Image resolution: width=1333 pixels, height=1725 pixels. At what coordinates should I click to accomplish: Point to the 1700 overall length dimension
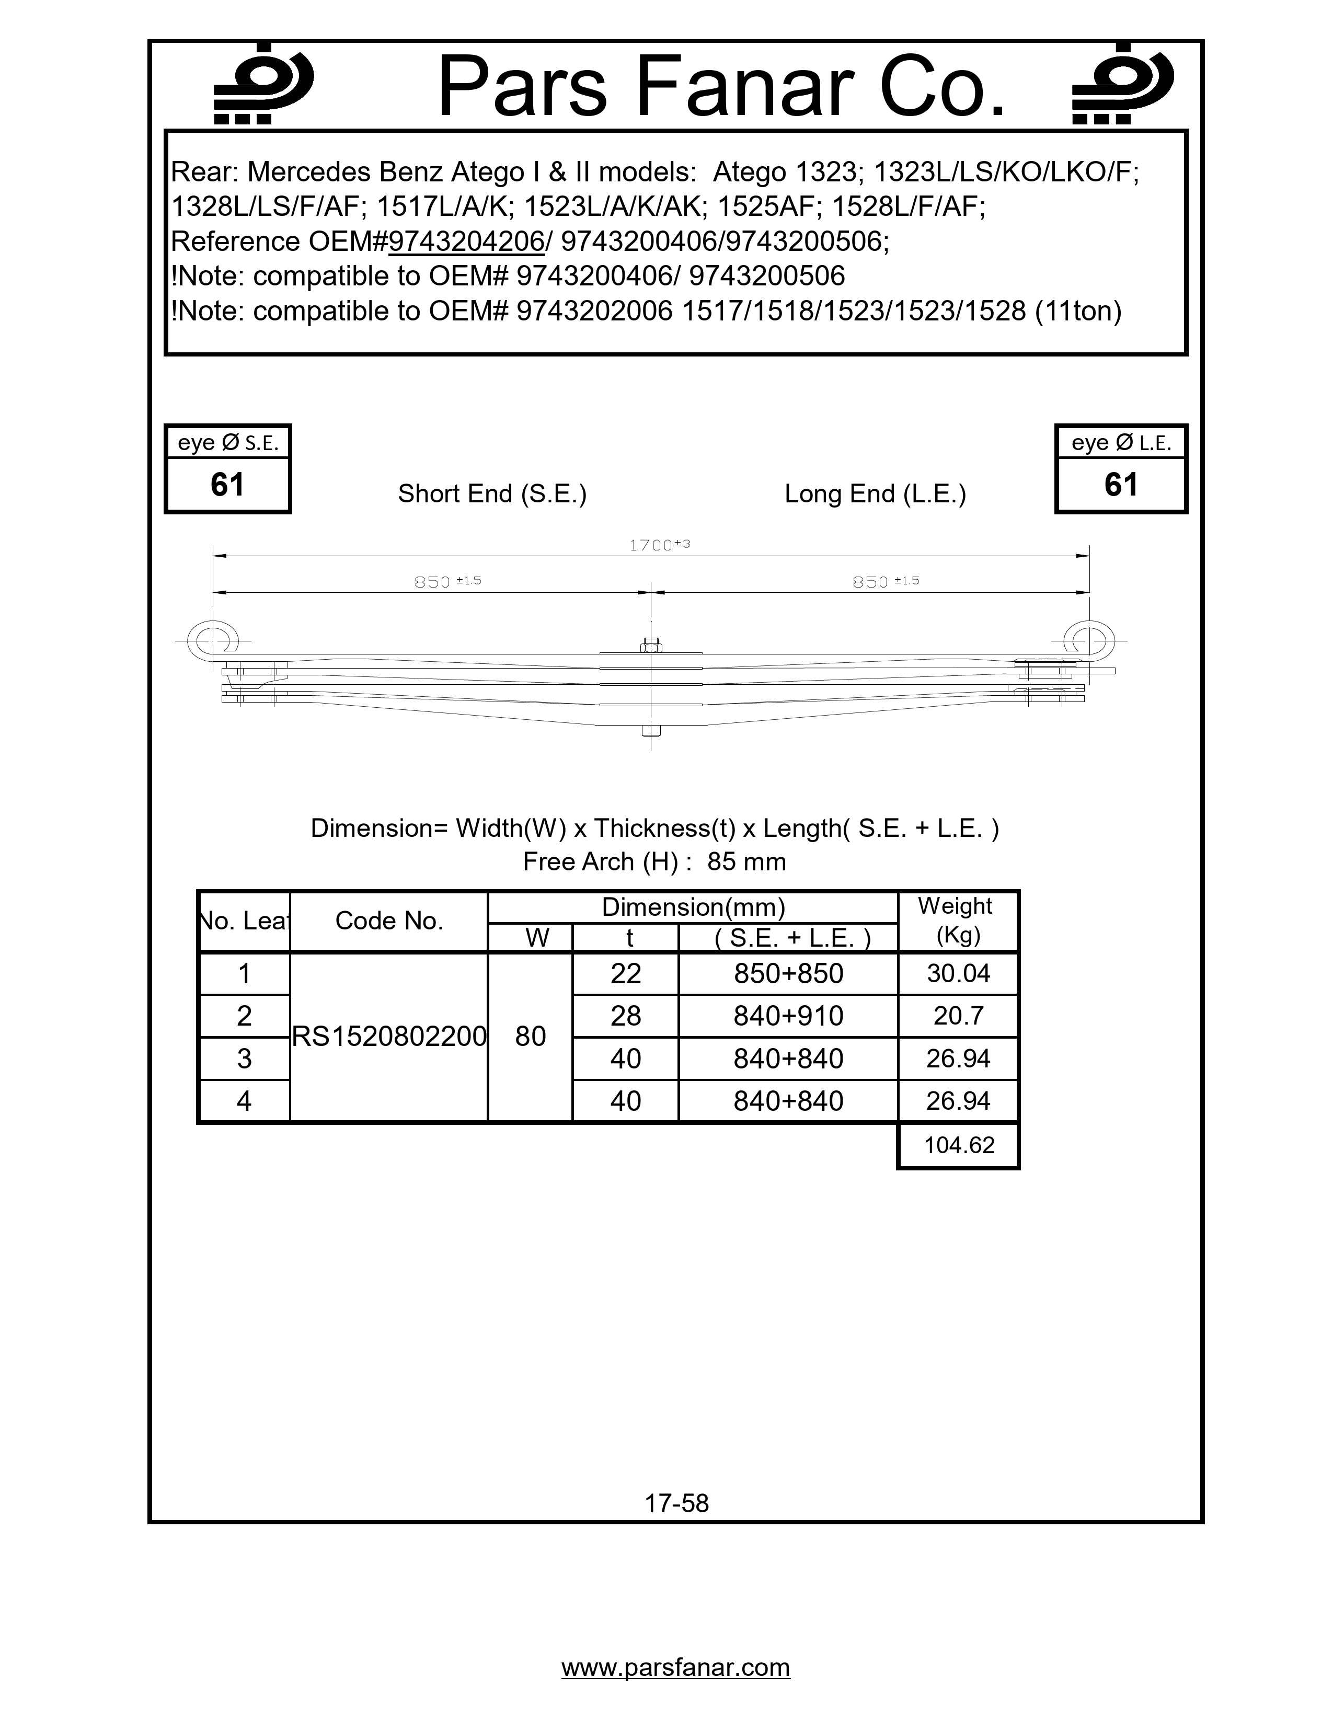point(659,545)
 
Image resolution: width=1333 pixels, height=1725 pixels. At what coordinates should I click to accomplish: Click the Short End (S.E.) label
point(492,493)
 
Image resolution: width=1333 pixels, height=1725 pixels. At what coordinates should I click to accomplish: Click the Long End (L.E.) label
point(875,493)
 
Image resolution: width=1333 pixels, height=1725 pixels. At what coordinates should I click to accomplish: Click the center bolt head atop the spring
point(651,645)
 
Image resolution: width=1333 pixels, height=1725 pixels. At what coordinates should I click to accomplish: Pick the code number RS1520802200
point(388,1036)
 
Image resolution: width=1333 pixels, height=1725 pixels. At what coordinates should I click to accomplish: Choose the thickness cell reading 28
point(625,1016)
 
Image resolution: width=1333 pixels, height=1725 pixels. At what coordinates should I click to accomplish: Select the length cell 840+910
point(788,1016)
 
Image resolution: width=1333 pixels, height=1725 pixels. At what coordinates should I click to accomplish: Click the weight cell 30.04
point(958,973)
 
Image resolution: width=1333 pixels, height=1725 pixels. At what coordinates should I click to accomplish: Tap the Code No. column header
point(388,921)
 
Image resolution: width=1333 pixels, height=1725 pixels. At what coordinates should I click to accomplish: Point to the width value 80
point(530,1036)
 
